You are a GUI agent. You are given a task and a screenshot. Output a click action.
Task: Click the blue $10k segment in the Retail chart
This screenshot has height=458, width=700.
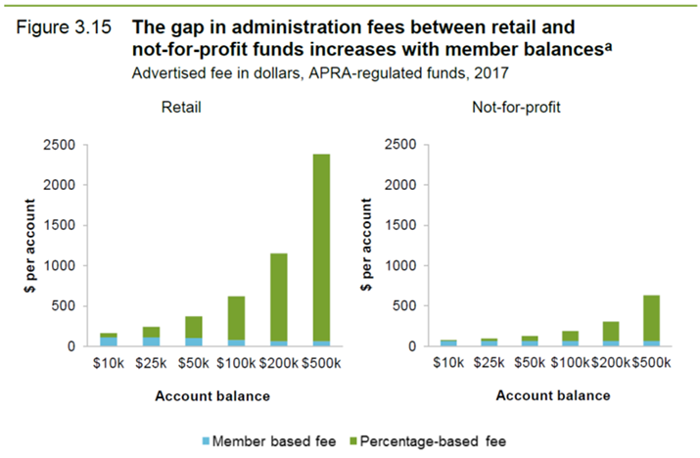109,341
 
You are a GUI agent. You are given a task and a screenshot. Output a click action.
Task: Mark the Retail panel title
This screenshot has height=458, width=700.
181,106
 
